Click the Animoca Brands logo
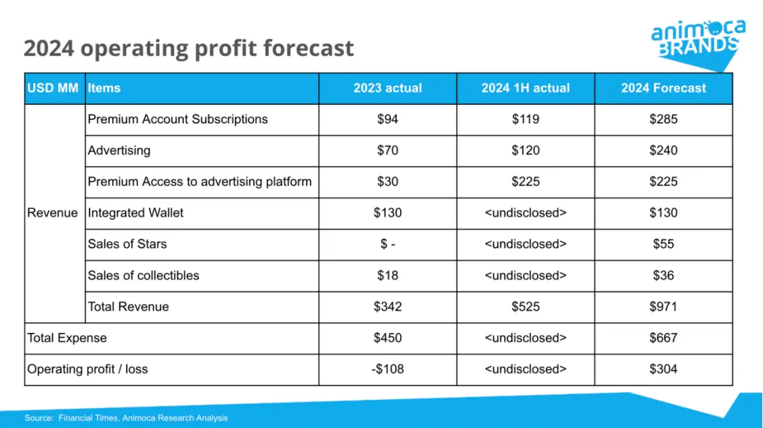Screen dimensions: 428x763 pyautogui.click(x=698, y=39)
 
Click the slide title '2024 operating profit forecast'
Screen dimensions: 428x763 pyautogui.click(x=189, y=48)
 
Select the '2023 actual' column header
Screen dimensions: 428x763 pyautogui.click(x=388, y=88)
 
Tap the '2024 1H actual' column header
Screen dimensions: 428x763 pyautogui.click(x=525, y=88)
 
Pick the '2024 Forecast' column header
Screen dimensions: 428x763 pyautogui.click(x=663, y=88)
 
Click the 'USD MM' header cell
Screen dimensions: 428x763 pyautogui.click(x=53, y=88)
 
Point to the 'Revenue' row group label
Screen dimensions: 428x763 pyautogui.click(x=52, y=213)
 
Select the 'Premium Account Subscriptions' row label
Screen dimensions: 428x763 pyautogui.click(x=178, y=119)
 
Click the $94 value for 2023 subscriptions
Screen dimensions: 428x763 pyautogui.click(x=388, y=119)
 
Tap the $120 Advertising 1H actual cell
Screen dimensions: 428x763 pyautogui.click(x=525, y=150)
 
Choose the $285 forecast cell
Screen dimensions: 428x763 pyautogui.click(x=663, y=119)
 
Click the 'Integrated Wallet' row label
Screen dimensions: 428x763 pyautogui.click(x=136, y=213)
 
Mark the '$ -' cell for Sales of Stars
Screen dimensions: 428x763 pyautogui.click(x=388, y=244)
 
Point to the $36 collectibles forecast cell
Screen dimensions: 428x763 pyautogui.click(x=663, y=275)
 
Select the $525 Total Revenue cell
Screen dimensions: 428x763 pyautogui.click(x=525, y=307)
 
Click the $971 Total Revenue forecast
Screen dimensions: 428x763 pyautogui.click(x=663, y=307)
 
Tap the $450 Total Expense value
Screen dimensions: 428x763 pyautogui.click(x=388, y=338)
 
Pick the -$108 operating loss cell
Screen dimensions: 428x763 pyautogui.click(x=388, y=369)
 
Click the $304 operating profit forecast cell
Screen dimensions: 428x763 pyautogui.click(x=663, y=369)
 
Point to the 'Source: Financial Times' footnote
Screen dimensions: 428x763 pyautogui.click(x=126, y=418)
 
